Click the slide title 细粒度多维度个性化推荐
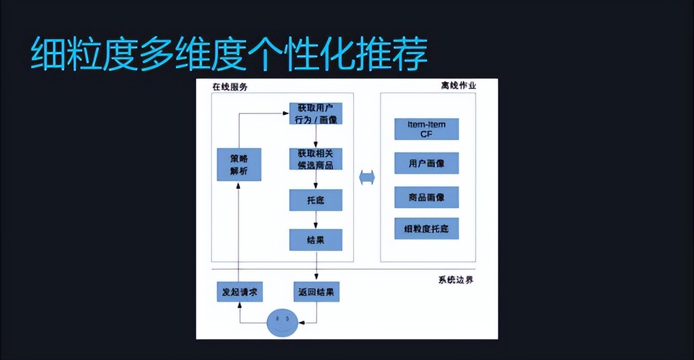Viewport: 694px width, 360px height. click(229, 54)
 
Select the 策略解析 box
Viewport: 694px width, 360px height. click(239, 164)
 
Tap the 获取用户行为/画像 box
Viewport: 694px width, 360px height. click(316, 113)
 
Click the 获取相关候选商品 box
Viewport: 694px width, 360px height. click(316, 158)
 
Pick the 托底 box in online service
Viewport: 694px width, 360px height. click(316, 200)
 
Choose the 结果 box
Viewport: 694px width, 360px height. click(316, 240)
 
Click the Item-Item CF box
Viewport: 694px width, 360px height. click(426, 129)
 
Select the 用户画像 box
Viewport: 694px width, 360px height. click(426, 163)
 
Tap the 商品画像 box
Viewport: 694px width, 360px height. click(426, 197)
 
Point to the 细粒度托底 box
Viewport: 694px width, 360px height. click(426, 228)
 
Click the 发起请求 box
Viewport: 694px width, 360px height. click(239, 292)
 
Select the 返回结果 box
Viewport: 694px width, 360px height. click(316, 292)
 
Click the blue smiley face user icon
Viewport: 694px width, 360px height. click(282, 322)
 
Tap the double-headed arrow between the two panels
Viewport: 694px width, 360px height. click(367, 178)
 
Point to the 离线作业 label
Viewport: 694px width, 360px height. click(458, 86)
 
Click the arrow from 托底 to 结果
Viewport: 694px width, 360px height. click(316, 220)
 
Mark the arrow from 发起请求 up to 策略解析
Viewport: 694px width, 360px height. click(239, 233)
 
